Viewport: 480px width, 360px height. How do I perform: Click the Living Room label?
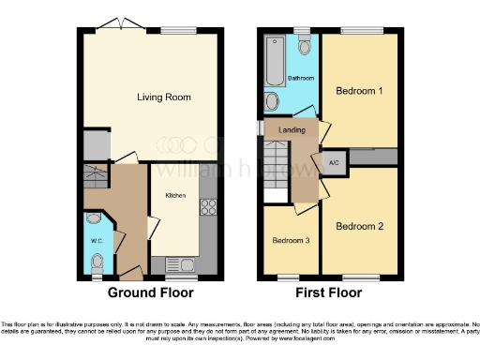click(x=158, y=97)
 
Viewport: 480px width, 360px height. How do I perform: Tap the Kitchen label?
click(x=175, y=196)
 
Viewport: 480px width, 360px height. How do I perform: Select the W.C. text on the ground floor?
click(x=95, y=241)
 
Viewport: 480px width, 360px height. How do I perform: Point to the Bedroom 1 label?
click(x=359, y=91)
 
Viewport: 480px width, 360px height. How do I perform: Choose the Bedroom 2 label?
click(x=360, y=226)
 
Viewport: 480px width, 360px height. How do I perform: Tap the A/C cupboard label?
click(x=333, y=162)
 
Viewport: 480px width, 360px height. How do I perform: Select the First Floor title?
click(x=329, y=292)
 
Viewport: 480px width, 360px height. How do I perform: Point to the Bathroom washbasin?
click(x=273, y=101)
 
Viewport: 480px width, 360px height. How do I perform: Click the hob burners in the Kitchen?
click(x=210, y=212)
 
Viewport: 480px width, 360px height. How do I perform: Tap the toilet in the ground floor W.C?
click(x=92, y=219)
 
